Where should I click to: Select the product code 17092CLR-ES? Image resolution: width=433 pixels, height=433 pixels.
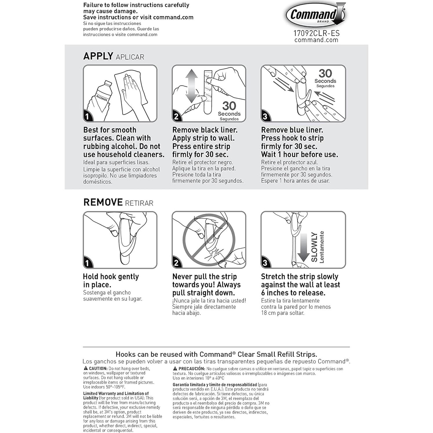[316, 33]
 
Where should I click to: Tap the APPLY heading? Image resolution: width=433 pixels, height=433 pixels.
[98, 56]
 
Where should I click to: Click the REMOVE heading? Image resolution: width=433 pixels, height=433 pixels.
[103, 202]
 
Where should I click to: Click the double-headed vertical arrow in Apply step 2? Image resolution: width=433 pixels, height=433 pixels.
[191, 86]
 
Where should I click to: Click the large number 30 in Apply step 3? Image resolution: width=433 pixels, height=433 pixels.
[325, 73]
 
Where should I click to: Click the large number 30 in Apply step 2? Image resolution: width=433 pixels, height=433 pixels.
[229, 106]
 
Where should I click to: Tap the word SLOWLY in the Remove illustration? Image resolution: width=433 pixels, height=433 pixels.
[314, 247]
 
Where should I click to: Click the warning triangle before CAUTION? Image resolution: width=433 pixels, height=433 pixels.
[86, 368]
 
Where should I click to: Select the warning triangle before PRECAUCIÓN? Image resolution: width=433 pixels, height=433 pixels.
[175, 369]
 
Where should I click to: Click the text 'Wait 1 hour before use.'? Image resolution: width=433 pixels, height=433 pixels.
[299, 154]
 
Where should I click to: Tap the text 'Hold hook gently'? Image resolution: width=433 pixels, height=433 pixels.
[111, 276]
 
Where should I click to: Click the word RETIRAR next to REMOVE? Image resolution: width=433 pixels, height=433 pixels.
[139, 203]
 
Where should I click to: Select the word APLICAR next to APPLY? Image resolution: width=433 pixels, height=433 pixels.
[130, 57]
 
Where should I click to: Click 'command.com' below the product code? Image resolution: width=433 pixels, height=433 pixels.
[316, 40]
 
